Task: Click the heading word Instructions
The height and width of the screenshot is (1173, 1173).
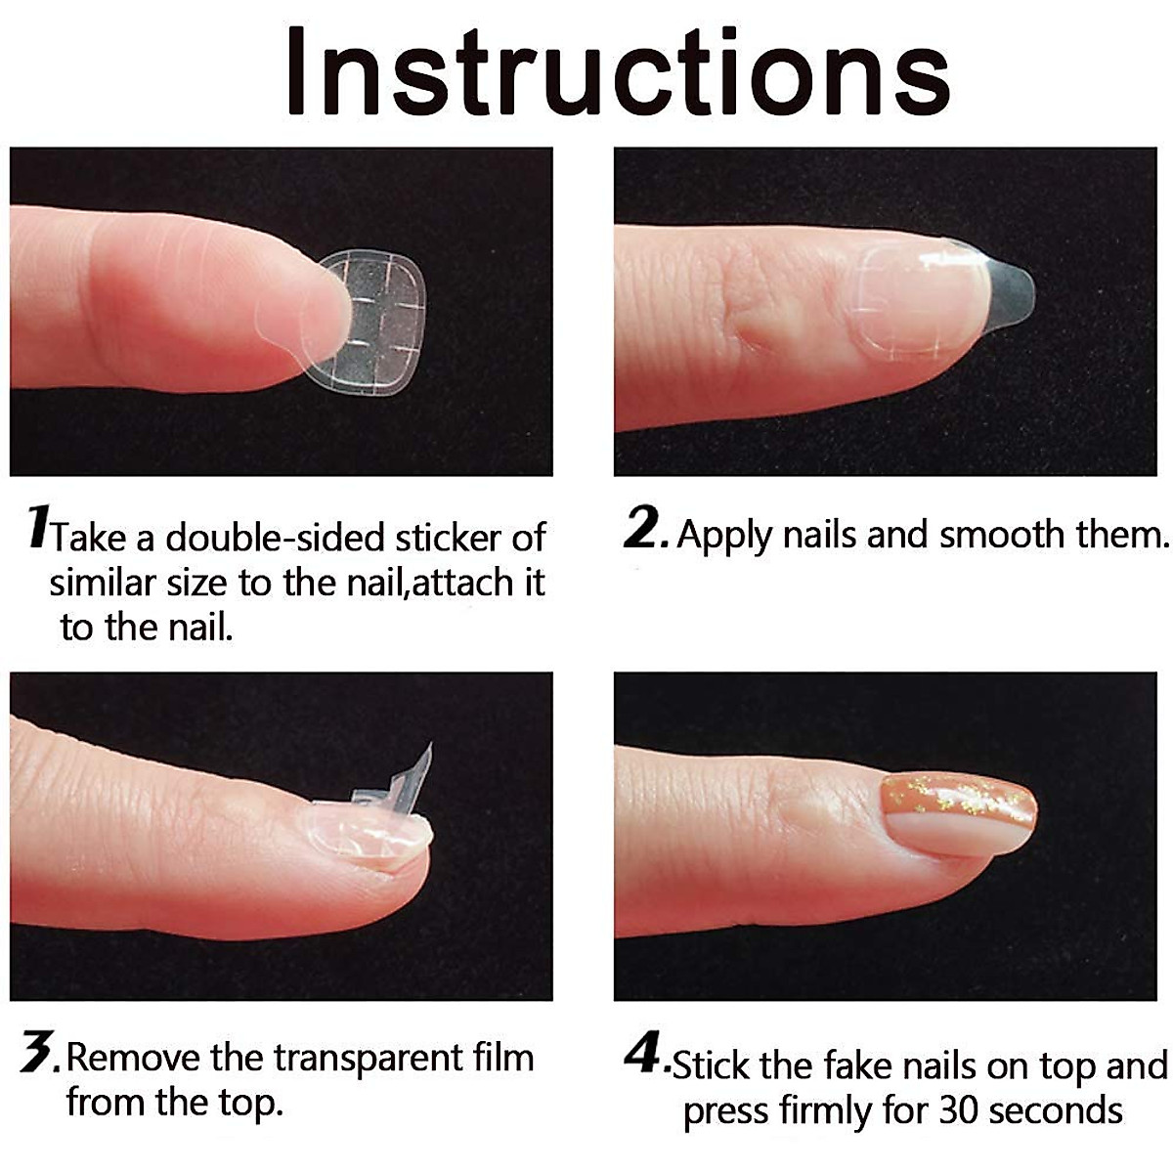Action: (618, 73)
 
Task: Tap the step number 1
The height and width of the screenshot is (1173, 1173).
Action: (38, 528)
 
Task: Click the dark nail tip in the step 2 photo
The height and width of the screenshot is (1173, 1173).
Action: (1007, 288)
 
